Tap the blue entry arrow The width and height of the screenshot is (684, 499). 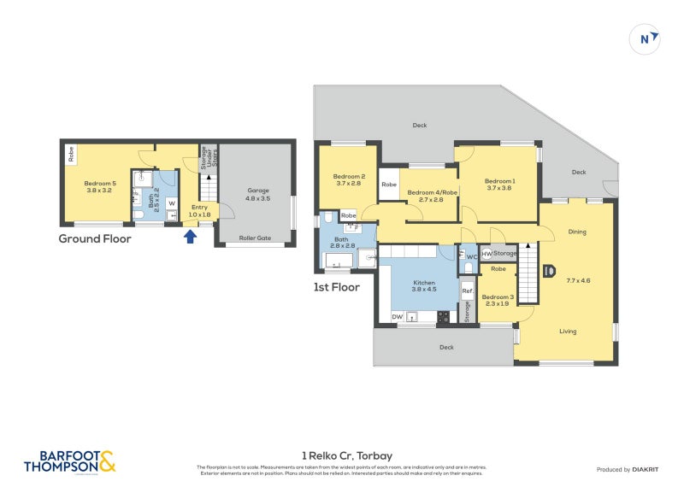tap(191, 235)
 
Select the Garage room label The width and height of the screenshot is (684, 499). tap(258, 191)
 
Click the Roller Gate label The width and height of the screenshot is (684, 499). tap(255, 238)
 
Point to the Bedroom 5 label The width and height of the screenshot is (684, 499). tap(100, 184)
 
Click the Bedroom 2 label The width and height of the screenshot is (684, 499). tap(348, 177)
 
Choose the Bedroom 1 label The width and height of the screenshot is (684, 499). tap(499, 181)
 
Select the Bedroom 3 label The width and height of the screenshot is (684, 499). tap(498, 296)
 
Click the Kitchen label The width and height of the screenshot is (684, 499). tap(424, 283)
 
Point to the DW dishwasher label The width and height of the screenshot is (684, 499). tap(397, 317)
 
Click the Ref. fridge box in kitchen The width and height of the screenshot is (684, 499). tap(467, 291)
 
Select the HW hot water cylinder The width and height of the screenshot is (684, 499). tap(486, 254)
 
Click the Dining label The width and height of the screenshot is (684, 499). tap(577, 232)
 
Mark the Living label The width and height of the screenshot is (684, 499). tap(568, 332)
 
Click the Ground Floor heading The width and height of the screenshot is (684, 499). tap(94, 239)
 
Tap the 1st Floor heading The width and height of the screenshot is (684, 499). tap(336, 287)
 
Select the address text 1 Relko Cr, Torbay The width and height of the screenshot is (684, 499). tap(346, 456)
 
